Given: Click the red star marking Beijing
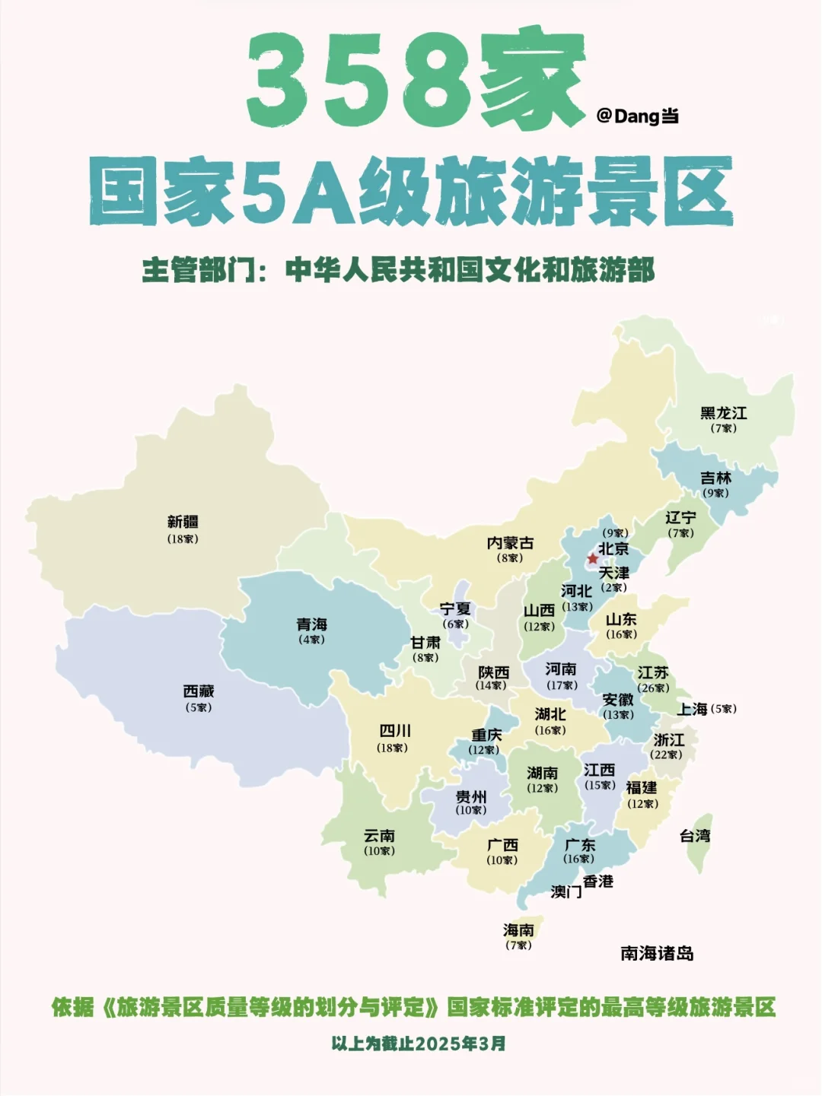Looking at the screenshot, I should pyautogui.click(x=593, y=559).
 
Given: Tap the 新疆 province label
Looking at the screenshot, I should pyautogui.click(x=183, y=523).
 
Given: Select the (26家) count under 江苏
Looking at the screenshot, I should pyautogui.click(x=654, y=688).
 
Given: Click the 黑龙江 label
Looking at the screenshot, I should pyautogui.click(x=724, y=414).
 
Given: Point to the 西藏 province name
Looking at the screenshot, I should pyautogui.click(x=199, y=691).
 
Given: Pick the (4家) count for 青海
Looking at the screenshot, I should pyautogui.click(x=312, y=640).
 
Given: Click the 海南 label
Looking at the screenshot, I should pyautogui.click(x=519, y=930).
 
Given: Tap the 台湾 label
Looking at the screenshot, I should pyautogui.click(x=695, y=836).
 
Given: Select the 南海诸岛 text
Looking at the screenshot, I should pyautogui.click(x=658, y=954).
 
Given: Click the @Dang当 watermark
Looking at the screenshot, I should pyautogui.click(x=638, y=116).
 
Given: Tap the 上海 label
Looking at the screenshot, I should pyautogui.click(x=693, y=710).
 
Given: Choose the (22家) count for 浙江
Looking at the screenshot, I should pyautogui.click(x=666, y=755).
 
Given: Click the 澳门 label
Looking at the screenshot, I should pyautogui.click(x=566, y=891).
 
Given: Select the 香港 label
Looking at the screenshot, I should pyautogui.click(x=598, y=882).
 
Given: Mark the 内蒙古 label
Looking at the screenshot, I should pyautogui.click(x=510, y=543).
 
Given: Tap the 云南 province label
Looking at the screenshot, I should pyautogui.click(x=379, y=836).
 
